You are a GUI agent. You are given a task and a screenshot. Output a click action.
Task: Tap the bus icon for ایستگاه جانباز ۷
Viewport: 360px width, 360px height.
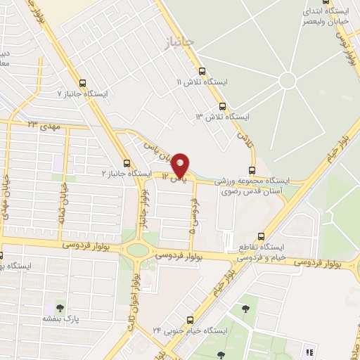(x=83, y=82)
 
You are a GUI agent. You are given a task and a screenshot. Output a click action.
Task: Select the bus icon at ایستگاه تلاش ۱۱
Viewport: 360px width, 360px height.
(x=202, y=70)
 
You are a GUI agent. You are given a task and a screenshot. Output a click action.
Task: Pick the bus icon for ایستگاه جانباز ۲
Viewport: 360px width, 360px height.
(x=127, y=161)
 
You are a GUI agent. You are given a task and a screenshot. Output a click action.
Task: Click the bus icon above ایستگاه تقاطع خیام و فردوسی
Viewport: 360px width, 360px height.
(x=262, y=237)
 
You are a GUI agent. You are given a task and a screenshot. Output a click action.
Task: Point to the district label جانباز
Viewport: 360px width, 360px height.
(x=177, y=44)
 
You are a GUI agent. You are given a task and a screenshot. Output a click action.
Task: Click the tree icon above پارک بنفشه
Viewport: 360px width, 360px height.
(x=60, y=308)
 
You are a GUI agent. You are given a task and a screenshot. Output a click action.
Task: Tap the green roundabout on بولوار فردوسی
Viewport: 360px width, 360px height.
(x=138, y=250)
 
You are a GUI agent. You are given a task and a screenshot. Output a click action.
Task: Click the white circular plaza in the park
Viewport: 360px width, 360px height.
(x=287, y=80)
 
